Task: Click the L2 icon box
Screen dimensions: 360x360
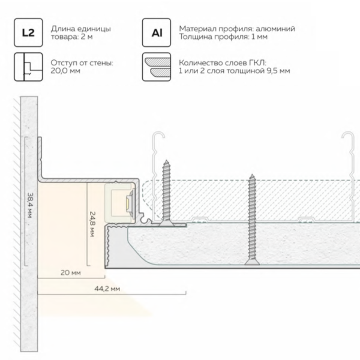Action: tap(28, 33)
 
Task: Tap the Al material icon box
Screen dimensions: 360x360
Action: tap(156, 33)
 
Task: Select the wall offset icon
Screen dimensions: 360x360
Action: tap(28, 67)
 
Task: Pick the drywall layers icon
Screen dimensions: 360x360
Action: tap(156, 67)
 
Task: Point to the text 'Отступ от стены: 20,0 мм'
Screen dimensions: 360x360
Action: tap(82, 67)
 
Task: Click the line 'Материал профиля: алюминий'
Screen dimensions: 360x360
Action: tap(237, 29)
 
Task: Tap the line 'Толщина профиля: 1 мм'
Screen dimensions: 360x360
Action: tap(221, 37)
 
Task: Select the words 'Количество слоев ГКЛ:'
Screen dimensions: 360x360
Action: tap(221, 62)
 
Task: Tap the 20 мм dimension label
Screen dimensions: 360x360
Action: tap(70, 272)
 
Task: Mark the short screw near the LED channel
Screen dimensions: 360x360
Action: tap(166, 192)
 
